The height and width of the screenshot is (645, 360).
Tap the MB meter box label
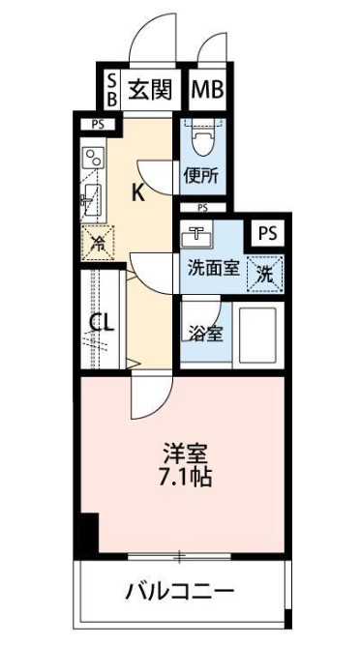[208, 89]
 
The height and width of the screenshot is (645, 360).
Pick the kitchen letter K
[137, 191]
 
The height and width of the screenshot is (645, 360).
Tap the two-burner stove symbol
[94, 157]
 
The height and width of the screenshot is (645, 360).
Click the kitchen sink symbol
[92, 200]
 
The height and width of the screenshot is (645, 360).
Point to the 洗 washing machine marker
[265, 275]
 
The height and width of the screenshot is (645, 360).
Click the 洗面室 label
[213, 270]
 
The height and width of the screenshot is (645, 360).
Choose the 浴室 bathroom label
[205, 334]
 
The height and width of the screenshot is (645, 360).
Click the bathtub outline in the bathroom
[256, 335]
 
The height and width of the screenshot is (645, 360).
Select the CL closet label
[102, 324]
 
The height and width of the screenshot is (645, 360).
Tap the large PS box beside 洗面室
[268, 234]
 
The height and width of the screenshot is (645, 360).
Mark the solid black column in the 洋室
[89, 533]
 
